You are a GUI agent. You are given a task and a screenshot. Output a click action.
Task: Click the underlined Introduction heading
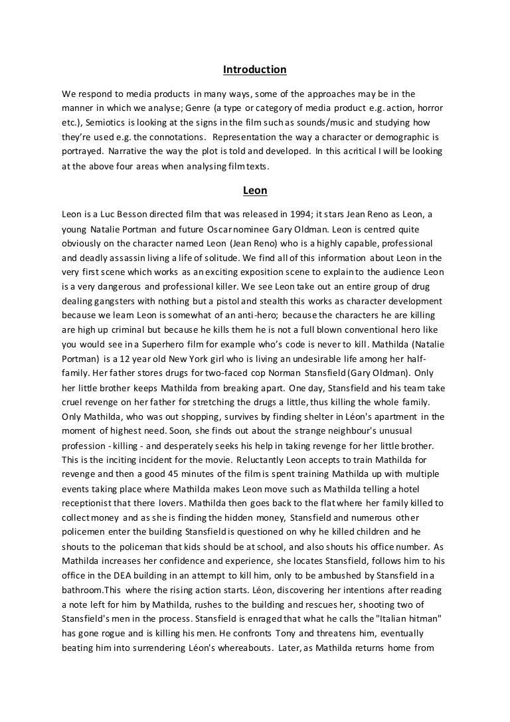[254, 69]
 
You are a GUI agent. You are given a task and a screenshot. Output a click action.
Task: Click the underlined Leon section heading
[254, 191]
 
